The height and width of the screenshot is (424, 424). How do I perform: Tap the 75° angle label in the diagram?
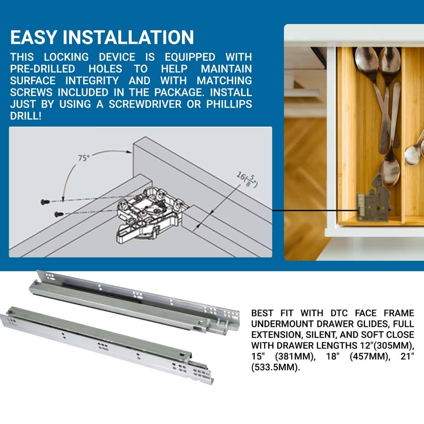pyautogui.click(x=83, y=158)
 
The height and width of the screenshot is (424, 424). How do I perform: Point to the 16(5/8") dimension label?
pyautogui.click(x=247, y=179)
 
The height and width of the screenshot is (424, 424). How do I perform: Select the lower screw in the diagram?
pyautogui.click(x=58, y=214)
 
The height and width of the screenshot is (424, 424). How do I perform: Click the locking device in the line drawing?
pyautogui.click(x=148, y=216)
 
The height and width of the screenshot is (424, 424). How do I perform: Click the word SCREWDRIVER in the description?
pyautogui.click(x=144, y=104)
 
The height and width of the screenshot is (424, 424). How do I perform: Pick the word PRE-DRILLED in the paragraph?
pyautogui.click(x=42, y=69)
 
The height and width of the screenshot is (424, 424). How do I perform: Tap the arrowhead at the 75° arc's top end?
pyautogui.click(x=129, y=152)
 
